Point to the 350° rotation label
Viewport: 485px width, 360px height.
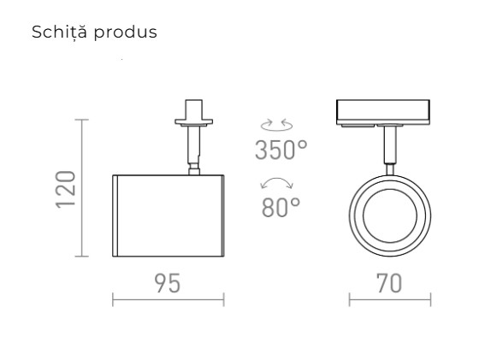click(280, 150)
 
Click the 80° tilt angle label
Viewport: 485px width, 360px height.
click(281, 207)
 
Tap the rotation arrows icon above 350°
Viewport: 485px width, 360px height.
click(280, 126)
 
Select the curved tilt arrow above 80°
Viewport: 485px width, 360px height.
click(280, 183)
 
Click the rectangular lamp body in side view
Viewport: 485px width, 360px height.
click(168, 215)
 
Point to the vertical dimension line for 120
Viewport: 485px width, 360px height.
click(83, 188)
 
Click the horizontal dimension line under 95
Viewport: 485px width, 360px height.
click(168, 299)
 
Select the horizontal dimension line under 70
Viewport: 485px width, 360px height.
click(389, 299)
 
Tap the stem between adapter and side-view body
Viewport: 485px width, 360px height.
click(192, 150)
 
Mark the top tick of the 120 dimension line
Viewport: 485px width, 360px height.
click(83, 121)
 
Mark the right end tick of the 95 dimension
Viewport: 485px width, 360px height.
click(223, 299)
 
